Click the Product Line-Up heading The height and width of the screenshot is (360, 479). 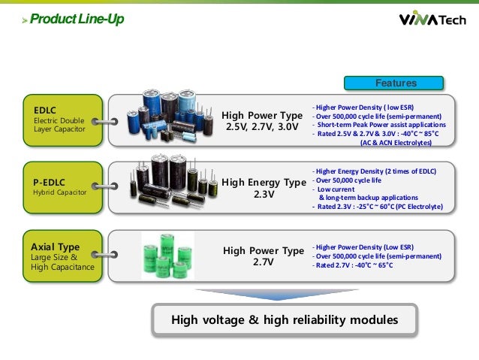(71, 19)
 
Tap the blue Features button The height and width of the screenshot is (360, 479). (395, 83)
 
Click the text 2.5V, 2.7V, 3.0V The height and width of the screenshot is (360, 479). (262, 128)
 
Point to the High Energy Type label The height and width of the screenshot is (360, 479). (264, 182)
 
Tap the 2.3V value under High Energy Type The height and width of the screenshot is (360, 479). (264, 195)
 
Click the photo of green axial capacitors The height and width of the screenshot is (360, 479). (168, 256)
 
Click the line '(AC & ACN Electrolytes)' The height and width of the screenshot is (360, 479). (396, 142)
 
